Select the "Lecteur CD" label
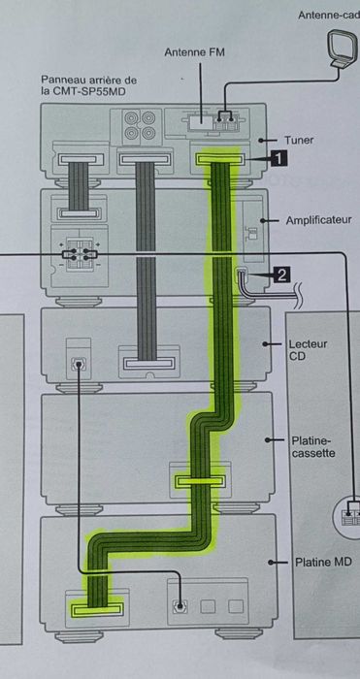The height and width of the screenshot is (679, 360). pos(308,350)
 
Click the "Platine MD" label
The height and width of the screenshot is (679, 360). pos(319,562)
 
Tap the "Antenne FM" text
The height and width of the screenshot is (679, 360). pos(194,51)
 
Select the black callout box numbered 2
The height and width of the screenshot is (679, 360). pos(282,275)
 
